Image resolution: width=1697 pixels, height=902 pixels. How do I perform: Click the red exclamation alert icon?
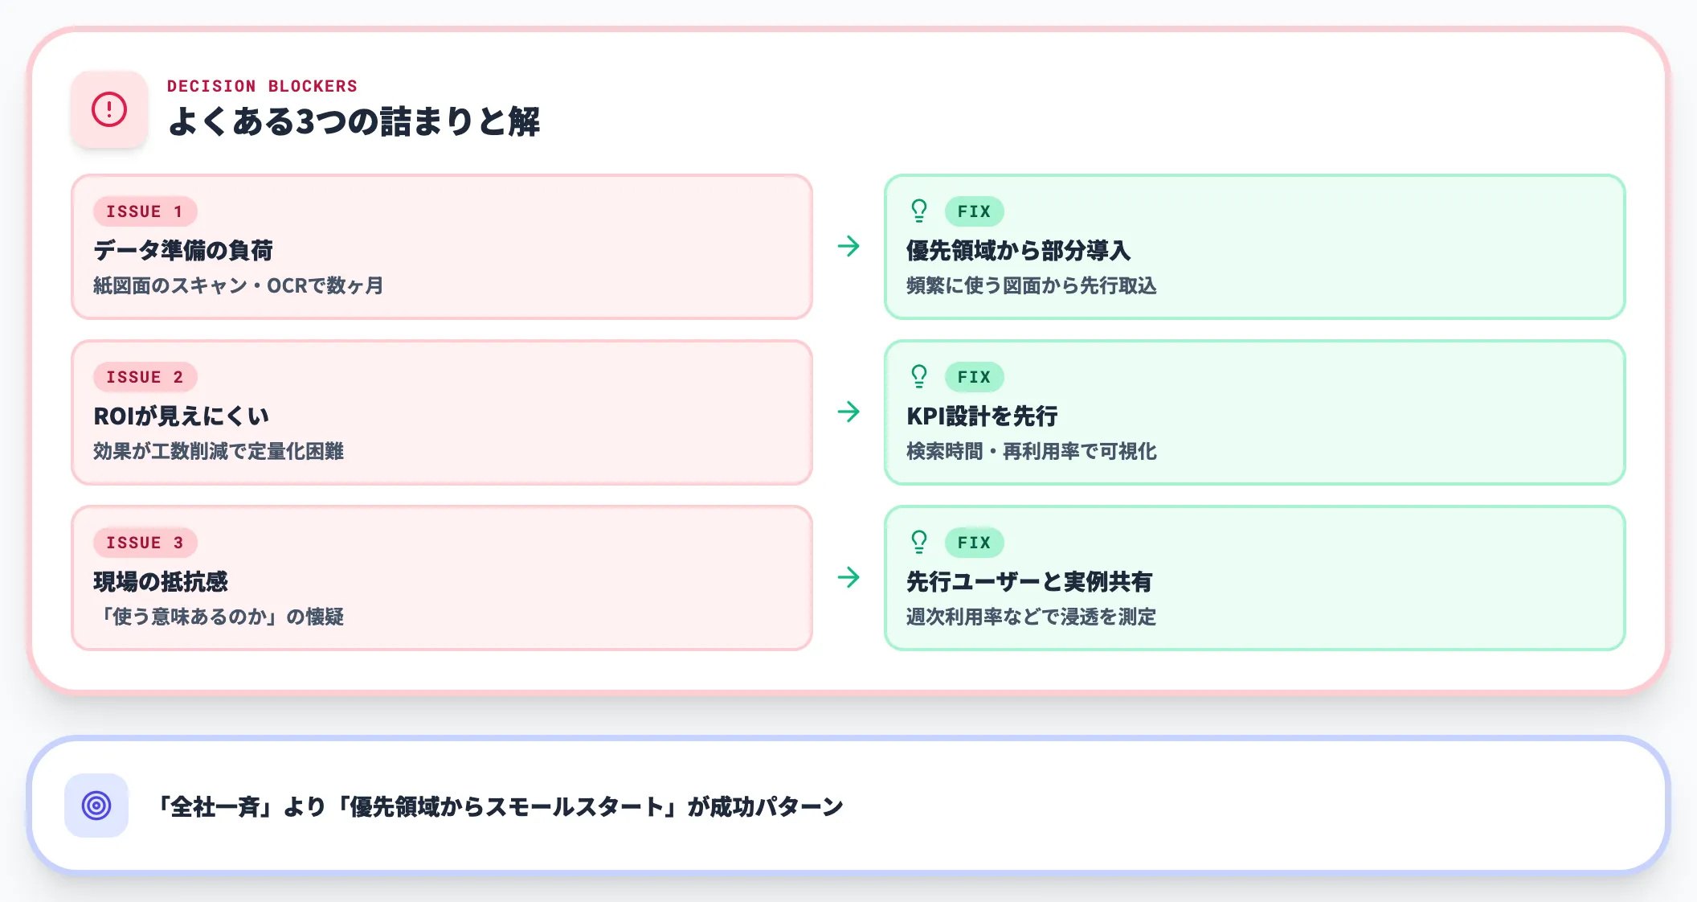[109, 109]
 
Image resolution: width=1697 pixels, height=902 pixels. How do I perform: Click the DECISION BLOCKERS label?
[262, 86]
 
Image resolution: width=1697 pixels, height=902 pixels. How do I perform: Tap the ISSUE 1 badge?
[145, 211]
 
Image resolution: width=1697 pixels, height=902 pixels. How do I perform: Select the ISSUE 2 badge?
[145, 377]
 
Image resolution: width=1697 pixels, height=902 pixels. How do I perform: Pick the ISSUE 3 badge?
[145, 543]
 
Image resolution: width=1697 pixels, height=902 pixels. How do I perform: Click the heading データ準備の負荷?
[183, 251]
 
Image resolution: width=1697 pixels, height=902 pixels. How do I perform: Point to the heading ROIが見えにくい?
[181, 416]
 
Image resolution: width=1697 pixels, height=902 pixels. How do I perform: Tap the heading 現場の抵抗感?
[161, 582]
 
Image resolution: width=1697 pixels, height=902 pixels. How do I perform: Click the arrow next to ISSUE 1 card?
[848, 246]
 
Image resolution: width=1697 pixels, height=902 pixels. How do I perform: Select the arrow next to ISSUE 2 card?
[848, 412]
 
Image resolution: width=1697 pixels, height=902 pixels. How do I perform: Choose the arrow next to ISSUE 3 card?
[848, 577]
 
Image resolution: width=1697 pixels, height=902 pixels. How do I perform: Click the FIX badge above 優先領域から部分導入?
[974, 211]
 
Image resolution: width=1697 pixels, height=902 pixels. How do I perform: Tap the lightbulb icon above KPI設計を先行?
[919, 376]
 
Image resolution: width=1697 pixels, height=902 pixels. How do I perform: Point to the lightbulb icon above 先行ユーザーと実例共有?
[919, 542]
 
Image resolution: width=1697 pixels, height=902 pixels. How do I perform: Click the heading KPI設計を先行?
[982, 416]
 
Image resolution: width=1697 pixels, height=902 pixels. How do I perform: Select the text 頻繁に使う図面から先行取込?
[1031, 286]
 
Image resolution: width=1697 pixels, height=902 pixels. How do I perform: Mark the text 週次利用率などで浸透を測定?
[1031, 617]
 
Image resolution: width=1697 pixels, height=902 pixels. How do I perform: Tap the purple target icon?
[96, 806]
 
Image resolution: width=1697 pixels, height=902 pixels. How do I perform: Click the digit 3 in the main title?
[305, 122]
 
